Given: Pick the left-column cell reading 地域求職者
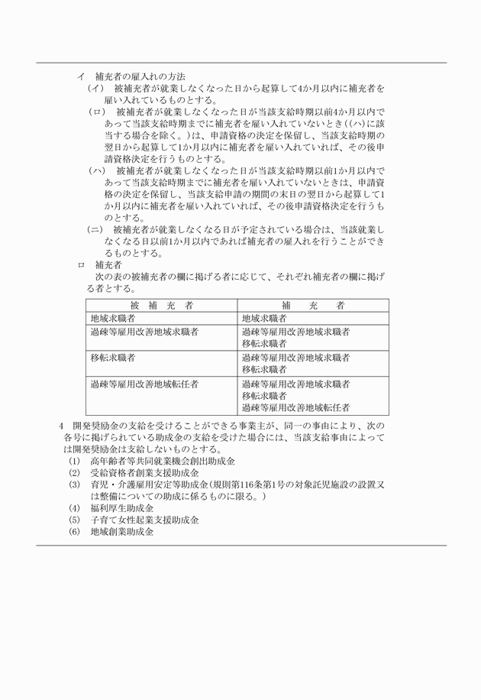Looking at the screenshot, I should click(113, 318).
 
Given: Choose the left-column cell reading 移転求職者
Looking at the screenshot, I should click(113, 357).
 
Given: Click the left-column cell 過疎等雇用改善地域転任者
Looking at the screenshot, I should click(144, 384).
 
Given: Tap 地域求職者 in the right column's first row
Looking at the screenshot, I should click(264, 318).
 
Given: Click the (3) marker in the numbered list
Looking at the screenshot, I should click(74, 485).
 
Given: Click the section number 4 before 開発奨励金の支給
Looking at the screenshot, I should click(61, 426).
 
